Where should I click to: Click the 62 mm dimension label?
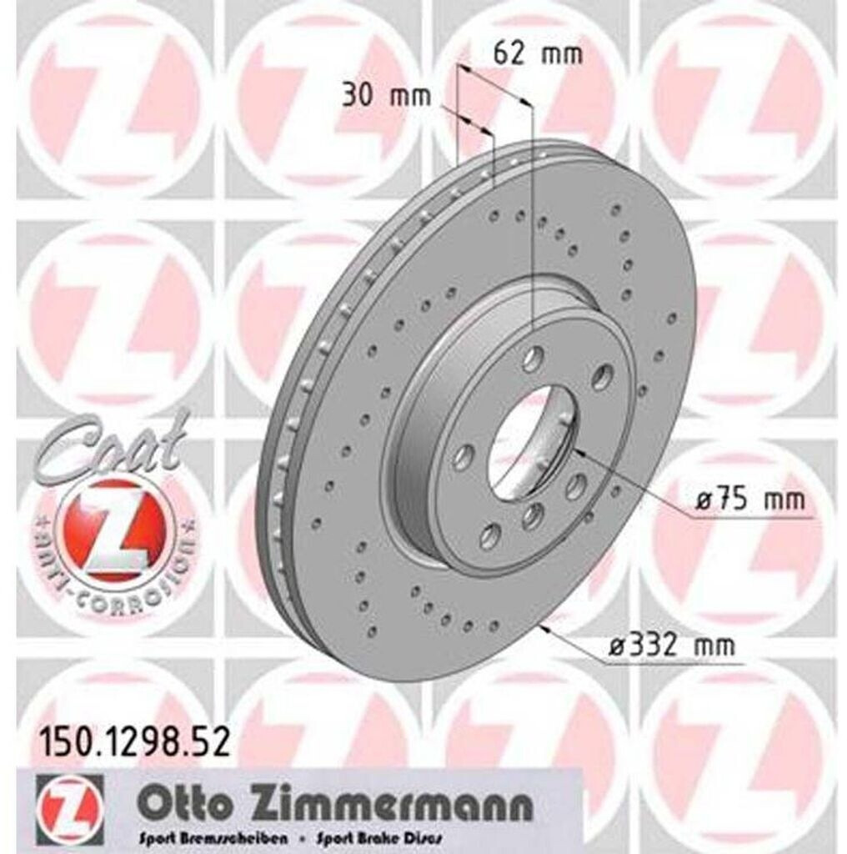(537, 53)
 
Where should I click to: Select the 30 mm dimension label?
(386, 96)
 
